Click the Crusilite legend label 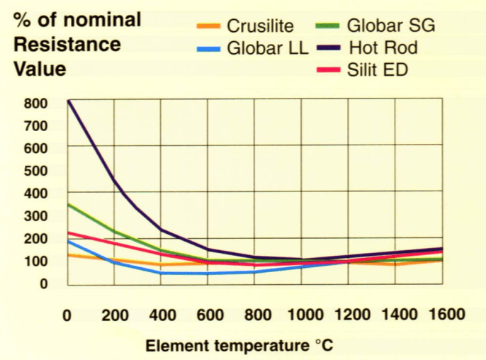(x=260, y=28)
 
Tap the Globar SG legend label (x=391, y=28)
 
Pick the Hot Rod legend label (x=383, y=49)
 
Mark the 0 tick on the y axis (x=44, y=283)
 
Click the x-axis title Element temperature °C (x=239, y=346)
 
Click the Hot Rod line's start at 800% (x=68, y=101)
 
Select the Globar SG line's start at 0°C (x=68, y=204)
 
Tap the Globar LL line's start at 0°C (x=68, y=241)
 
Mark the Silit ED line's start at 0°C (x=68, y=232)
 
